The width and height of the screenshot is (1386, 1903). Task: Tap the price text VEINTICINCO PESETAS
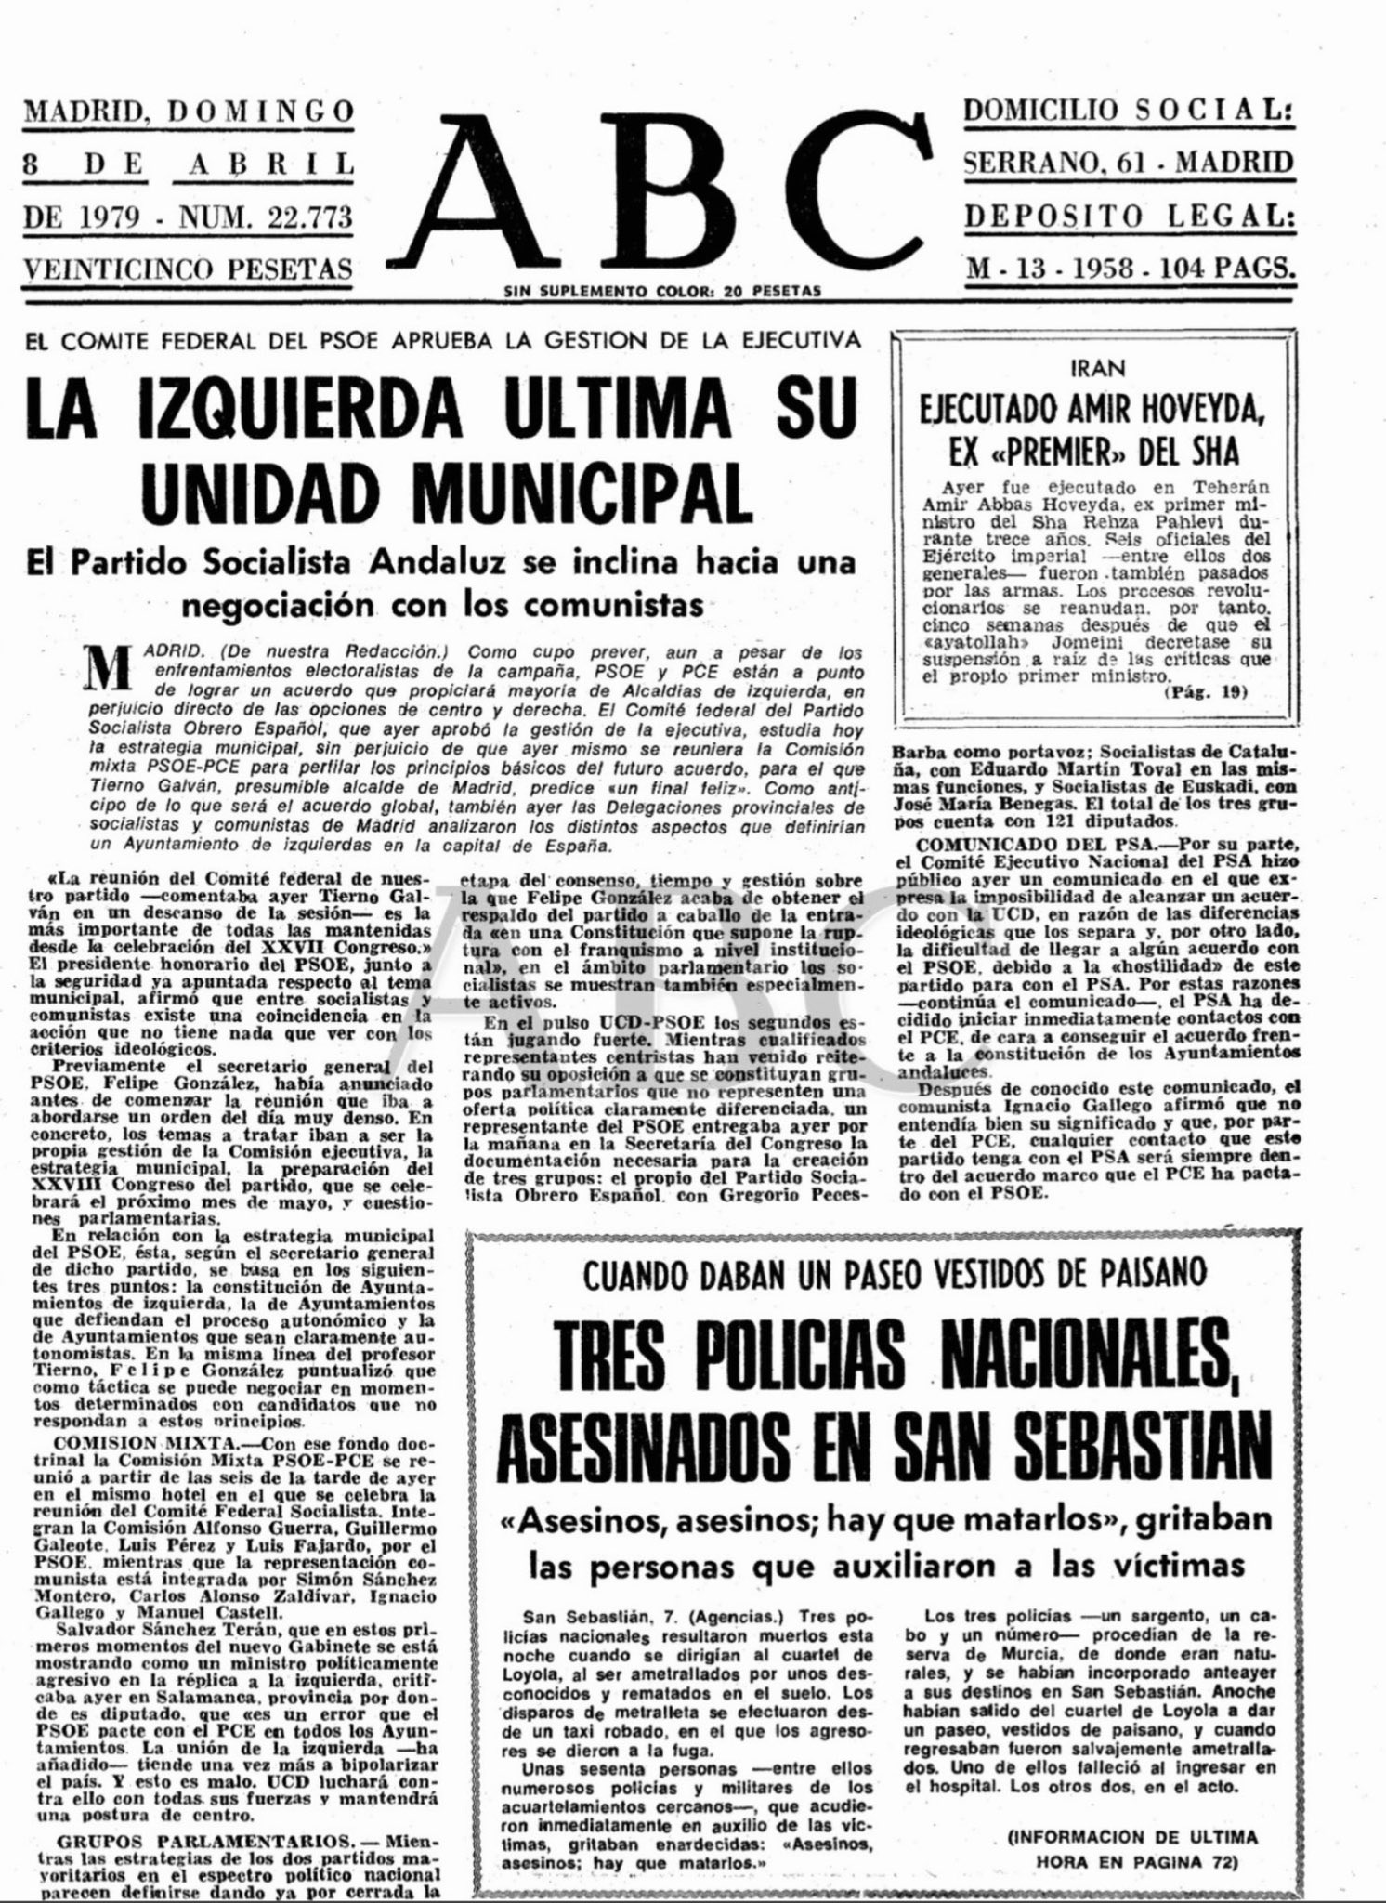[x=188, y=269]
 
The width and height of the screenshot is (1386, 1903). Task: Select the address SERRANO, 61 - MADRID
[x=1128, y=164]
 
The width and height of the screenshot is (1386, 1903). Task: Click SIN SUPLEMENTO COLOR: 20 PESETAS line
[x=661, y=292]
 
